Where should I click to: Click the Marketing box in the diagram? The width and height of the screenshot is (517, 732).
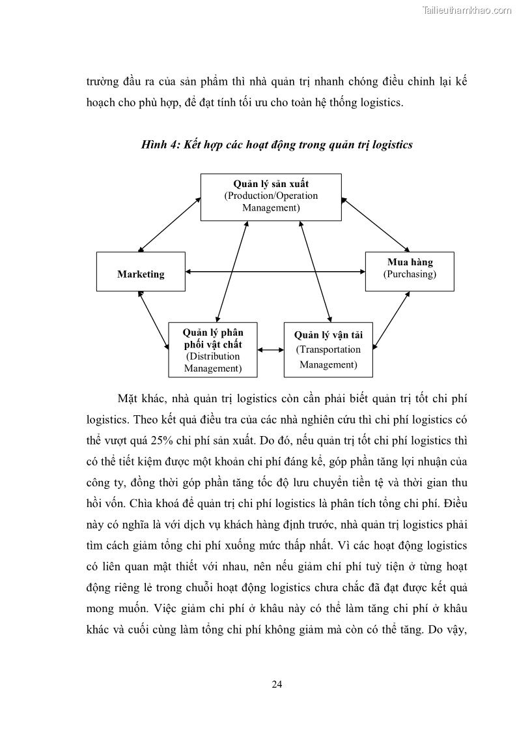click(141, 271)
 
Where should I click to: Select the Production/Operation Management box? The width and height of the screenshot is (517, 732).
click(271, 197)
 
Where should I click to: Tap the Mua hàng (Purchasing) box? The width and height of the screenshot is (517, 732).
click(410, 271)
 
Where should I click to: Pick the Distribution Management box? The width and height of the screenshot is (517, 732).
click(213, 349)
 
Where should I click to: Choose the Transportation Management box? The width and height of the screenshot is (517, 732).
click(328, 349)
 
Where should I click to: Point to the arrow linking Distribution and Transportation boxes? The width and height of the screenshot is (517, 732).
click(271, 350)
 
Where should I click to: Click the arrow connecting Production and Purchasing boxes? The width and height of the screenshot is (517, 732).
click(374, 224)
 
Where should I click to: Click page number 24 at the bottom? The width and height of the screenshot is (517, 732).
click(277, 684)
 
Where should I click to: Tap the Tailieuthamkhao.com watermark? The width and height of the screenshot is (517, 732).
click(467, 10)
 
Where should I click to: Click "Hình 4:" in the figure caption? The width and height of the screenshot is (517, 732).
click(160, 145)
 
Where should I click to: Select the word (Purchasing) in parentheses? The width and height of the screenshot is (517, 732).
click(410, 274)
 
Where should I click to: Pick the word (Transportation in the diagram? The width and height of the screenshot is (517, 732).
click(328, 349)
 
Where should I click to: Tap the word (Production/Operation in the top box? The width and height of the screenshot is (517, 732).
click(271, 196)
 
